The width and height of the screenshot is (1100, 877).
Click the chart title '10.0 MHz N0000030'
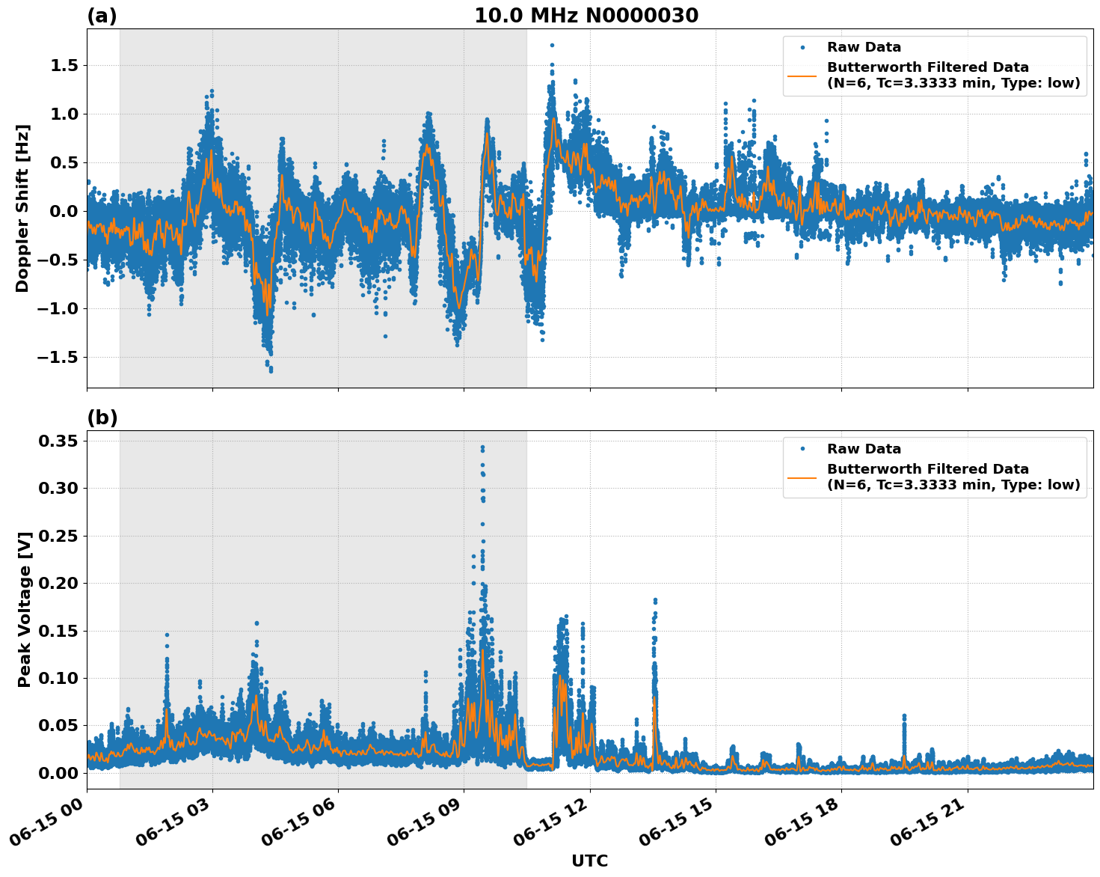[586, 16]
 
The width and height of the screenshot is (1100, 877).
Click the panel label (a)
[102, 16]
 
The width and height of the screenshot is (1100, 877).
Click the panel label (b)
[102, 418]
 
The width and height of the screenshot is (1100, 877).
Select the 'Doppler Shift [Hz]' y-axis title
[22, 208]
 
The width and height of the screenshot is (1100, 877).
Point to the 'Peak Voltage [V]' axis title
[25, 609]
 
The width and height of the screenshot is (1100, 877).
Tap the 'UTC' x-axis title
[589, 861]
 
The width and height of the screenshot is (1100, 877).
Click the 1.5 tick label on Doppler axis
[64, 66]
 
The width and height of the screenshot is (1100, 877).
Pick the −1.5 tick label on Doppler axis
[58, 358]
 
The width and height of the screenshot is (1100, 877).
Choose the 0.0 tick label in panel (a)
[64, 211]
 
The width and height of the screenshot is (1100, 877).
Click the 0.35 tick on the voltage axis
[58, 441]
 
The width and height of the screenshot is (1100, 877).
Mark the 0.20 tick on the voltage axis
[58, 584]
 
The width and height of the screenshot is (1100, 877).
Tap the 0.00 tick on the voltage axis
[58, 773]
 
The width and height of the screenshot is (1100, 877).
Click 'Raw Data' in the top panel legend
[864, 48]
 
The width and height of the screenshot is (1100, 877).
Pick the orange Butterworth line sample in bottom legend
[802, 477]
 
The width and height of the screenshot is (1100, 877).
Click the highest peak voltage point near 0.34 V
[482, 447]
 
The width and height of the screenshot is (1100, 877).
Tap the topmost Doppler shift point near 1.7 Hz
[552, 46]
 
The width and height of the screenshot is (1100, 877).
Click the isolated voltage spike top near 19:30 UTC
[903, 716]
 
